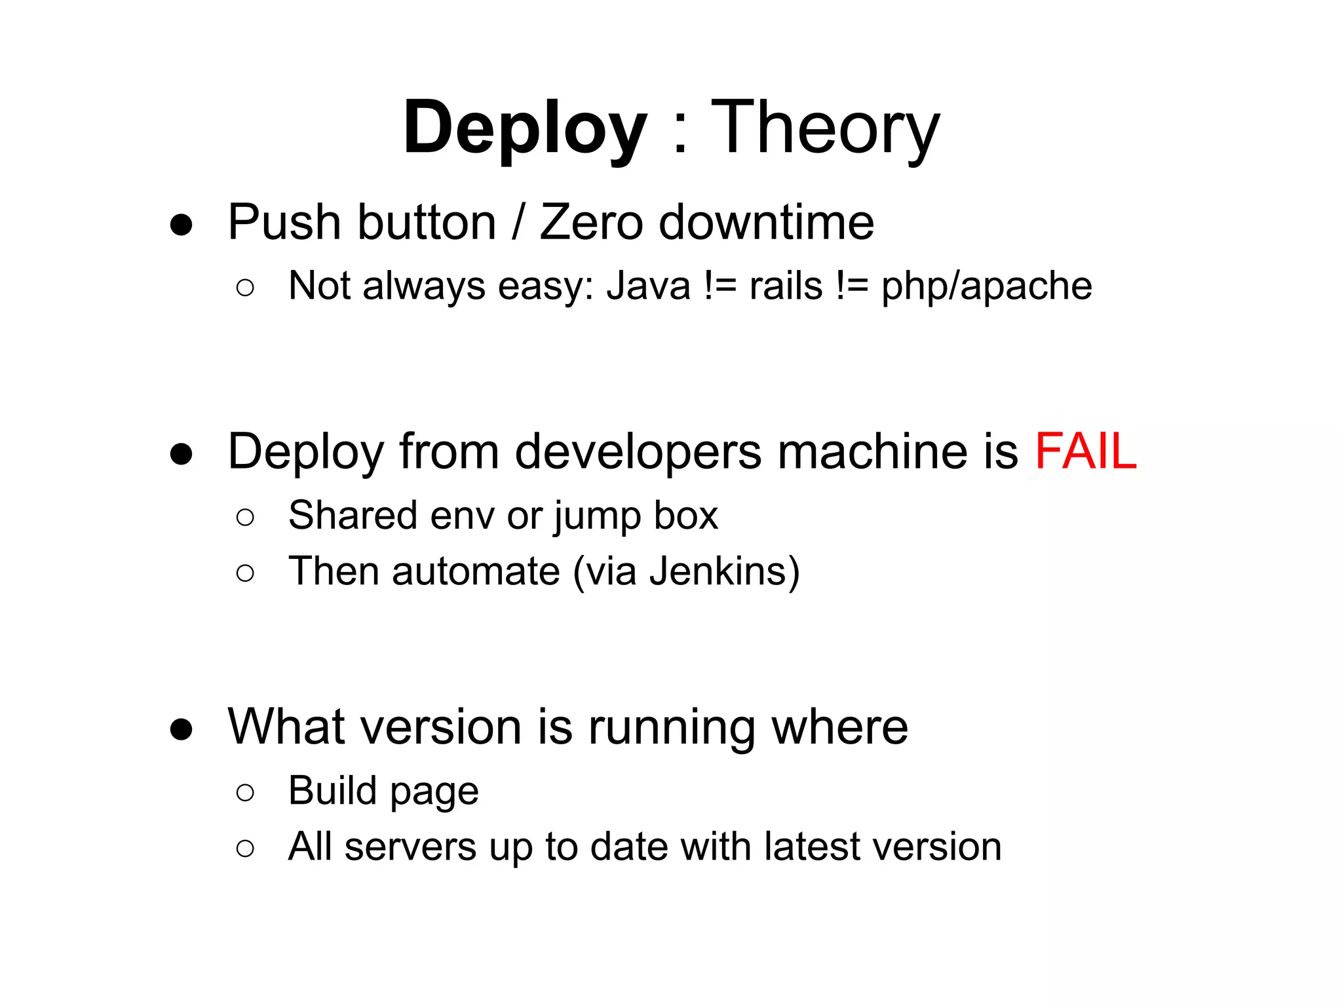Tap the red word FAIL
point(1085,451)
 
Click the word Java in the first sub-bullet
point(648,286)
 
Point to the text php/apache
point(986,286)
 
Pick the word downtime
point(766,223)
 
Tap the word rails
point(786,286)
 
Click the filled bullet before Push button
point(181,225)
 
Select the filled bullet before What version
point(181,729)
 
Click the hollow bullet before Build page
point(245,793)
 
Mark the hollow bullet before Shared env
point(245,518)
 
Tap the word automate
point(476,571)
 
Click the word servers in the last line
point(410,847)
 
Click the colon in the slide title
point(680,134)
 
